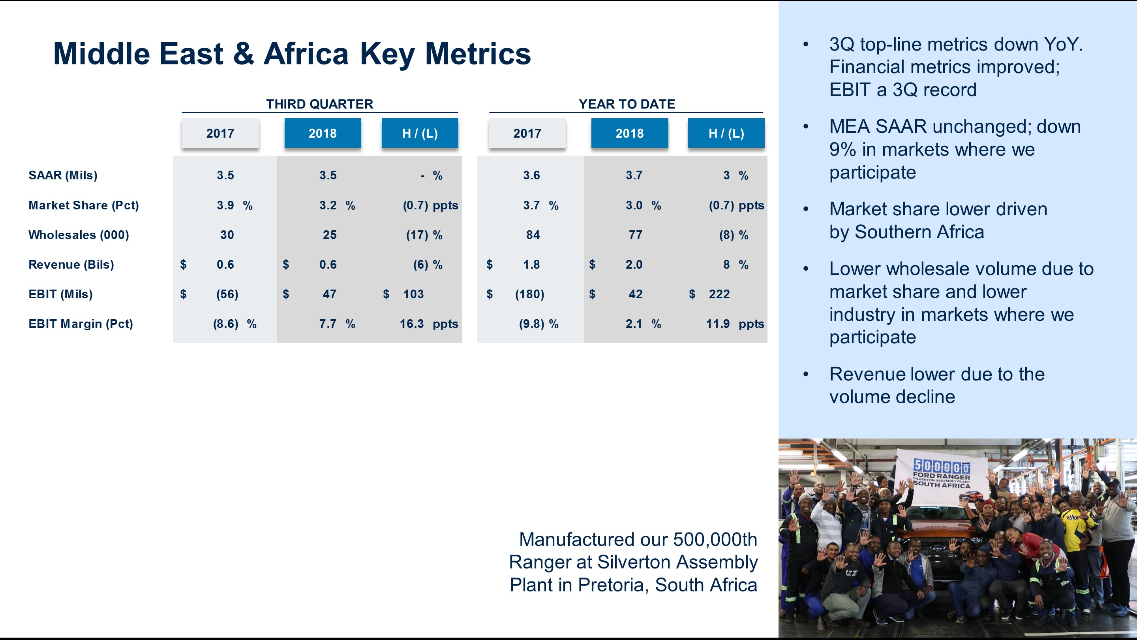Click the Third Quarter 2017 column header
220,133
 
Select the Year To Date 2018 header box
629,133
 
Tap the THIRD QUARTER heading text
319,104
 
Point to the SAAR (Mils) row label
63,175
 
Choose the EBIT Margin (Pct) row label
80,324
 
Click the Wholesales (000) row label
79,235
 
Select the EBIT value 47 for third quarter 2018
329,294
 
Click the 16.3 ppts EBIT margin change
428,324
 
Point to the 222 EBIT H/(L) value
719,294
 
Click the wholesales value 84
533,235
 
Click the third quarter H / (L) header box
419,133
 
